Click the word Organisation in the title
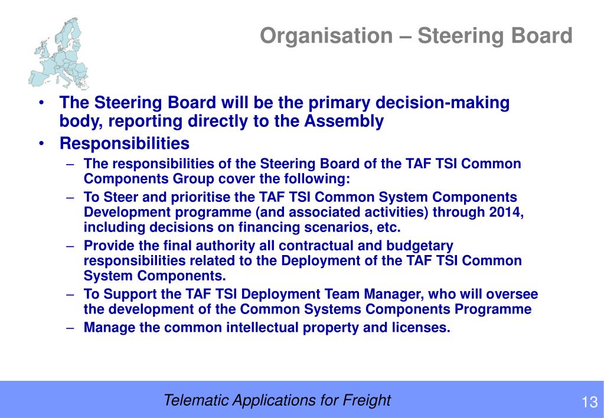click(327, 36)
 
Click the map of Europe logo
click(58, 53)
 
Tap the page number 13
click(589, 402)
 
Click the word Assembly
click(344, 122)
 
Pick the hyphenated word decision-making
click(442, 103)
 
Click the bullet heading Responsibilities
click(125, 143)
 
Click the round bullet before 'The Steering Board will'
click(41, 103)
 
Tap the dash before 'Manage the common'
click(70, 328)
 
